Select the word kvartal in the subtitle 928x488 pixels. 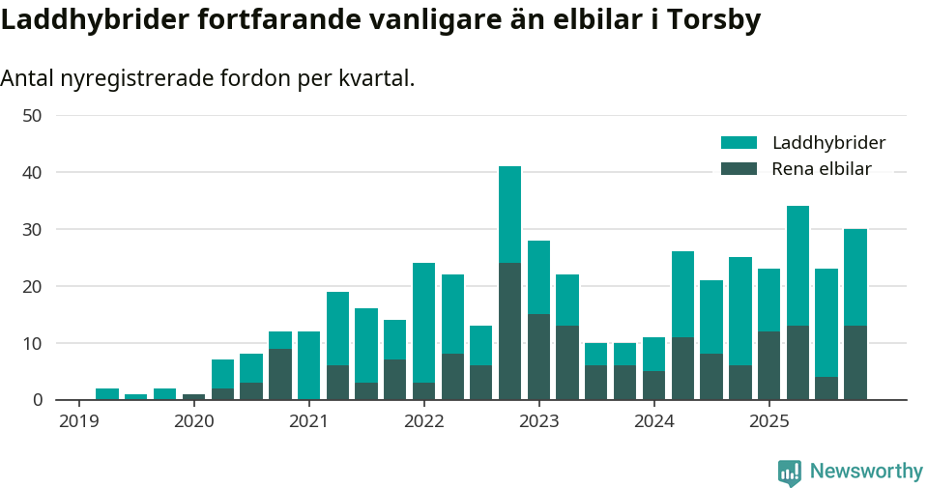(374, 78)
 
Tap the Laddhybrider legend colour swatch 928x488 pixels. (739, 143)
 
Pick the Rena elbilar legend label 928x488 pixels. (821, 169)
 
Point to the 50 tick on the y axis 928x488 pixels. (32, 115)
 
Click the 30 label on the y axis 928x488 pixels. (32, 229)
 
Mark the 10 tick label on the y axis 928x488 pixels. (32, 343)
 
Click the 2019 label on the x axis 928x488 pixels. (78, 420)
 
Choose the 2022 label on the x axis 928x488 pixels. (423, 420)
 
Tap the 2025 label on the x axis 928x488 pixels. (768, 420)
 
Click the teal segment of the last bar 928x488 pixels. (855, 277)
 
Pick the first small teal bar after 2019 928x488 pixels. (107, 394)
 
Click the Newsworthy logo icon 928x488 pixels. (790, 472)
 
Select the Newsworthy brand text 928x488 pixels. (866, 472)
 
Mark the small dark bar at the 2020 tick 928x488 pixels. (193, 397)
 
